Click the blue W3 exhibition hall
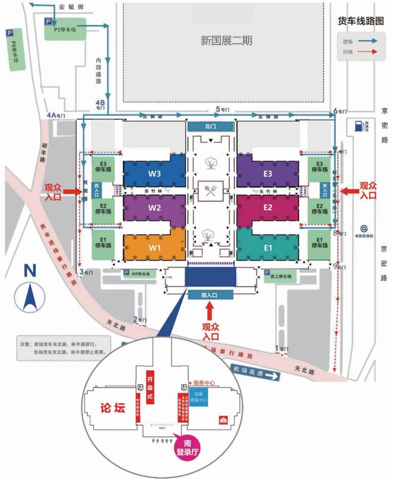tap(154, 173)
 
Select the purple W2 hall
tap(154, 207)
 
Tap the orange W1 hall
tap(154, 248)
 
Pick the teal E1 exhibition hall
tap(268, 248)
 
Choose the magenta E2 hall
tap(268, 207)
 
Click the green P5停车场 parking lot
tap(65, 29)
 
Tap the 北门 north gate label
tap(210, 126)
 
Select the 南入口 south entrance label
tap(210, 295)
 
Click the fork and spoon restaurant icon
tap(210, 191)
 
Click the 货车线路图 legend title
tap(360, 21)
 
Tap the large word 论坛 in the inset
tap(113, 408)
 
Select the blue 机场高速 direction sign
tap(256, 373)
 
